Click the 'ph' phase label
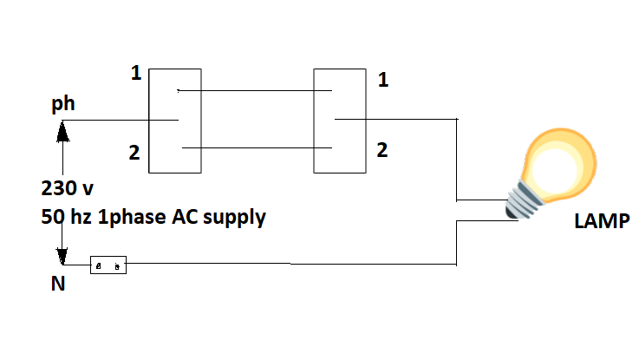pyautogui.click(x=63, y=104)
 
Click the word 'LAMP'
pyautogui.click(x=601, y=220)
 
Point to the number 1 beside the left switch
pyautogui.click(x=135, y=74)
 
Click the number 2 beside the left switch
pyautogui.click(x=134, y=154)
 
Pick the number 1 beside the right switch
pyautogui.click(x=382, y=81)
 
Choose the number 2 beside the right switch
pyautogui.click(x=382, y=149)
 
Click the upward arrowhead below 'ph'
pyautogui.click(x=62, y=132)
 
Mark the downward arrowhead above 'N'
pyautogui.click(x=62, y=257)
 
